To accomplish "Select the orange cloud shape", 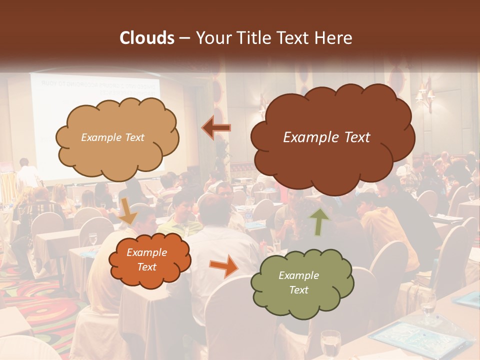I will coord(149,260).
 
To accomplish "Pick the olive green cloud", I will coord(302,283).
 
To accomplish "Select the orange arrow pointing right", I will coord(223,265).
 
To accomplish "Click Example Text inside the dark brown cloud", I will coord(326,137).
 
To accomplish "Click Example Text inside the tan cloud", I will coord(112,137).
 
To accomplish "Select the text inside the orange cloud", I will coord(147,260).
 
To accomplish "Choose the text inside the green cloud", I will coord(298,282).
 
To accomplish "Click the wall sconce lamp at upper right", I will coord(424,95).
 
